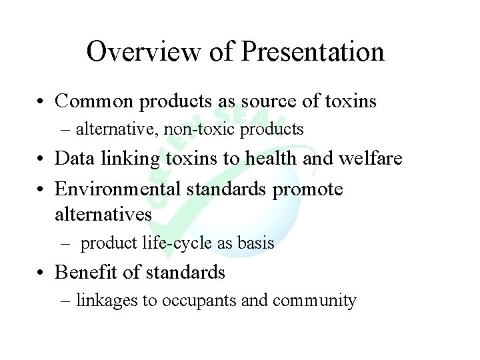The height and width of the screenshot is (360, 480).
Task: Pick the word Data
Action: tap(73, 159)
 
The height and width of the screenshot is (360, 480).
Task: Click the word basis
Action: tap(256, 243)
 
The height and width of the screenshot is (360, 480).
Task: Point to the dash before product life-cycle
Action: tap(65, 244)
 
